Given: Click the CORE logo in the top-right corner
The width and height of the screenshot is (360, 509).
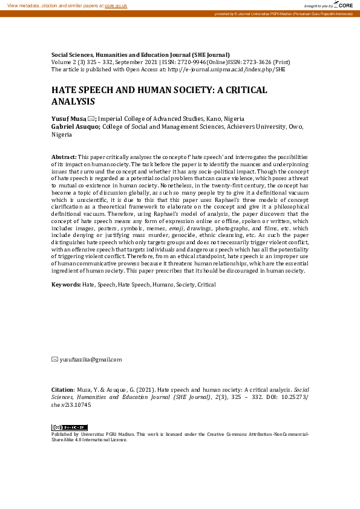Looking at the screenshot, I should (x=345, y=5).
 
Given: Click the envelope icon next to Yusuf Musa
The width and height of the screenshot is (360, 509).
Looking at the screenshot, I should (x=91, y=118).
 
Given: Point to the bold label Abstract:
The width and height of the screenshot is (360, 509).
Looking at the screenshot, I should (x=64, y=157).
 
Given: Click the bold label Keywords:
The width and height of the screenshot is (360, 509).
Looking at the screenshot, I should (x=66, y=284).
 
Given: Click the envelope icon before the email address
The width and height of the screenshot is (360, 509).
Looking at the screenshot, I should (x=55, y=360).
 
